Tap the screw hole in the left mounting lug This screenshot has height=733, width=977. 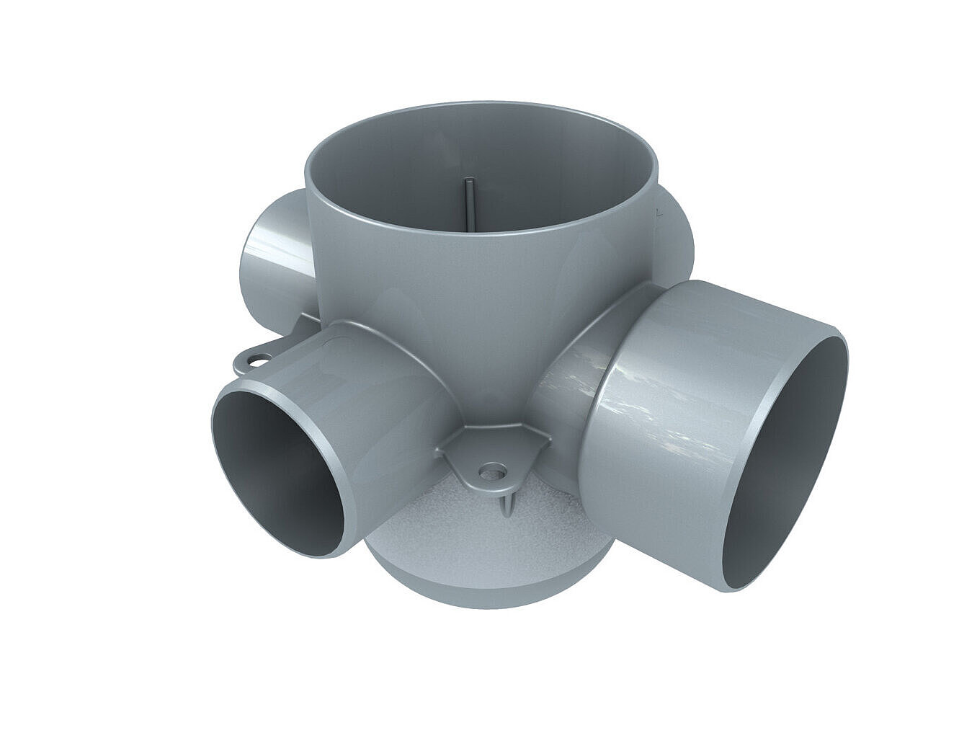(257, 356)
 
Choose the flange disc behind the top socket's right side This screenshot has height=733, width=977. (677, 238)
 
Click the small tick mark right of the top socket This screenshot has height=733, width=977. (657, 213)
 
